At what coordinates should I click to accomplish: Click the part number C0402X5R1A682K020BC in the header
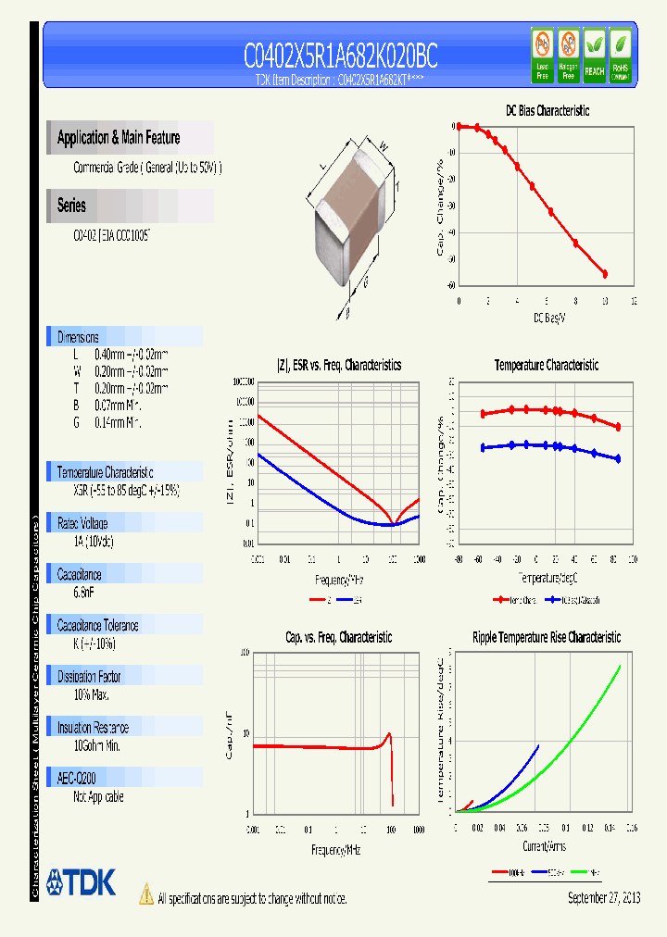point(340,57)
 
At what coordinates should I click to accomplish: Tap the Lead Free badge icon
point(542,55)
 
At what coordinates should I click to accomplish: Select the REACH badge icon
point(594,55)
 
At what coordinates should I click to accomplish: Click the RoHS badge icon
point(620,55)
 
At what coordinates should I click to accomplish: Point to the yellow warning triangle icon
point(145,893)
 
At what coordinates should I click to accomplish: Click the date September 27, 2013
point(603,898)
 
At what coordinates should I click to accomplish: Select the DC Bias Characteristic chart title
point(547,110)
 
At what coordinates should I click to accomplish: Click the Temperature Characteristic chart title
point(546,365)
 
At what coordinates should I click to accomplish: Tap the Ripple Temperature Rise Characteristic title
point(546,637)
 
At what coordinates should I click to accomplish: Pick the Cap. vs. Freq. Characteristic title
point(338,637)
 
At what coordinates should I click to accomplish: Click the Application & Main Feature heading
point(119,138)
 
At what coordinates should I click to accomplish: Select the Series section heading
point(71,206)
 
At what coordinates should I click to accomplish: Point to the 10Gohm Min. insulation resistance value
point(97,745)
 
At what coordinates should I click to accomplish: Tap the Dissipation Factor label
point(89,677)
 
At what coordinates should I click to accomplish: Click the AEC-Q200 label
point(76,779)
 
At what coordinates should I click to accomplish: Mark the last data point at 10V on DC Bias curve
point(605,274)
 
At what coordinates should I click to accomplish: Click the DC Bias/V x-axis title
point(548,318)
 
